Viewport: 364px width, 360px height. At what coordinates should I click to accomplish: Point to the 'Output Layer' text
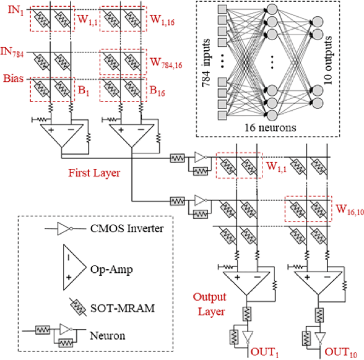tap(210, 304)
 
